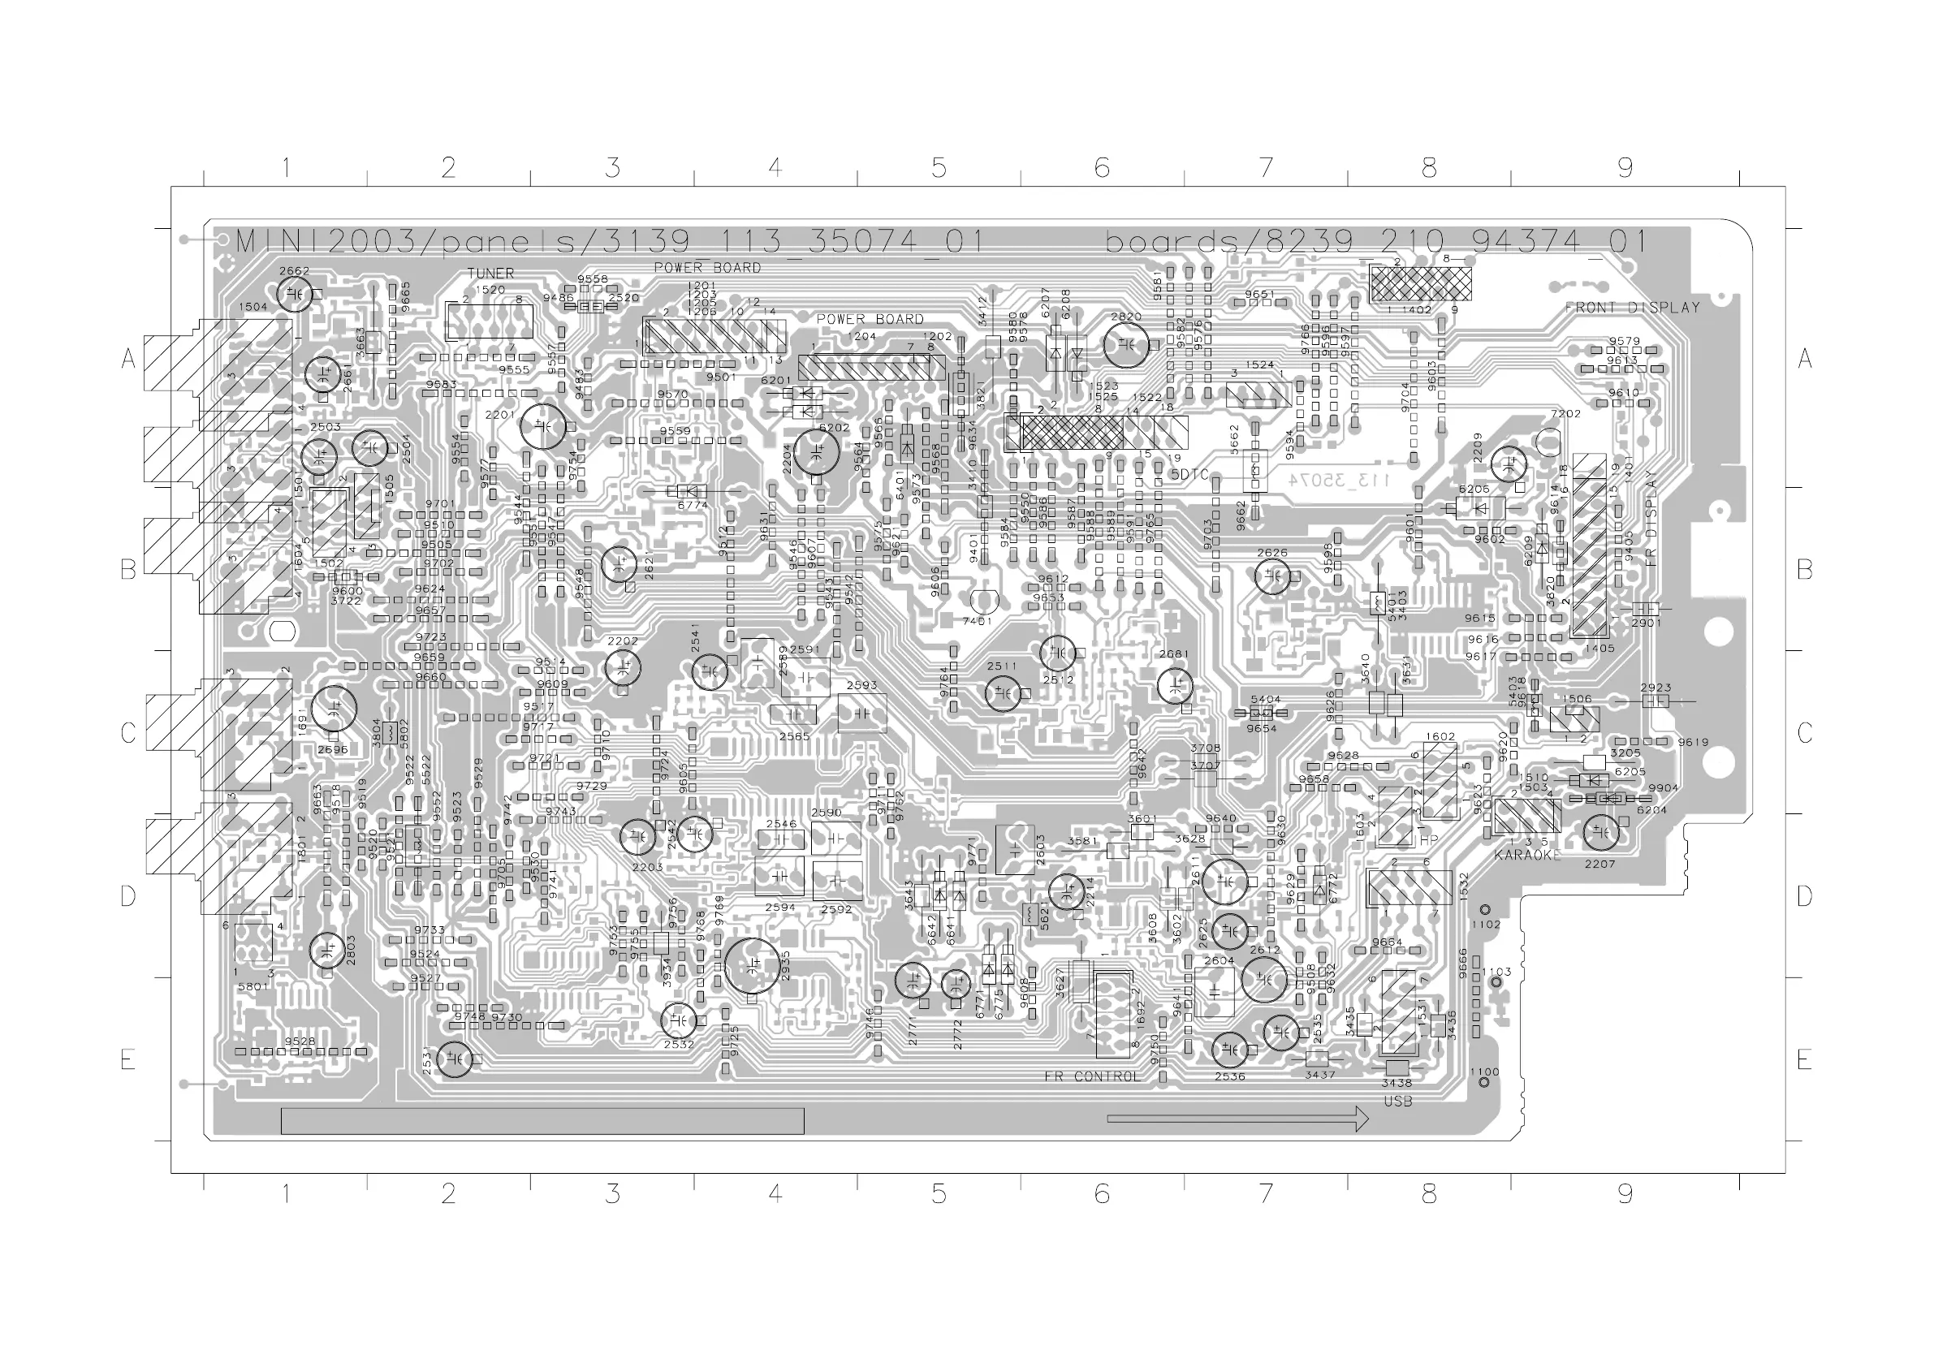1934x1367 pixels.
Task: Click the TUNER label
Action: [x=490, y=274]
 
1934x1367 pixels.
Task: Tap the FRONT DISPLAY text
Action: [x=1633, y=308]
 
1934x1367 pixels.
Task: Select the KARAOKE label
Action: [x=1527, y=855]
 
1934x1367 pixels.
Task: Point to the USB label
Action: [x=1397, y=1101]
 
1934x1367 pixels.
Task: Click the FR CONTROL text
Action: [x=1092, y=1076]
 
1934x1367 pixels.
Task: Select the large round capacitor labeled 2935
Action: [x=750, y=966]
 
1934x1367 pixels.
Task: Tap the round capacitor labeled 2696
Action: [x=334, y=709]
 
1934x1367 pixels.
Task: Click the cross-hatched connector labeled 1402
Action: [x=1421, y=284]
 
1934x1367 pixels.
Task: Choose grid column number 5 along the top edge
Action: [x=939, y=169]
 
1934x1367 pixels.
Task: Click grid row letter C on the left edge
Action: [x=128, y=733]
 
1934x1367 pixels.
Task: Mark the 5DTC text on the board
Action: [x=1189, y=475]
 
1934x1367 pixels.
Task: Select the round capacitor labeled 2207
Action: [x=1600, y=833]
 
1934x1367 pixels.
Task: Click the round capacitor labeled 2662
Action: [x=295, y=294]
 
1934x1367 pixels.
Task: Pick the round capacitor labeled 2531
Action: [x=455, y=1059]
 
